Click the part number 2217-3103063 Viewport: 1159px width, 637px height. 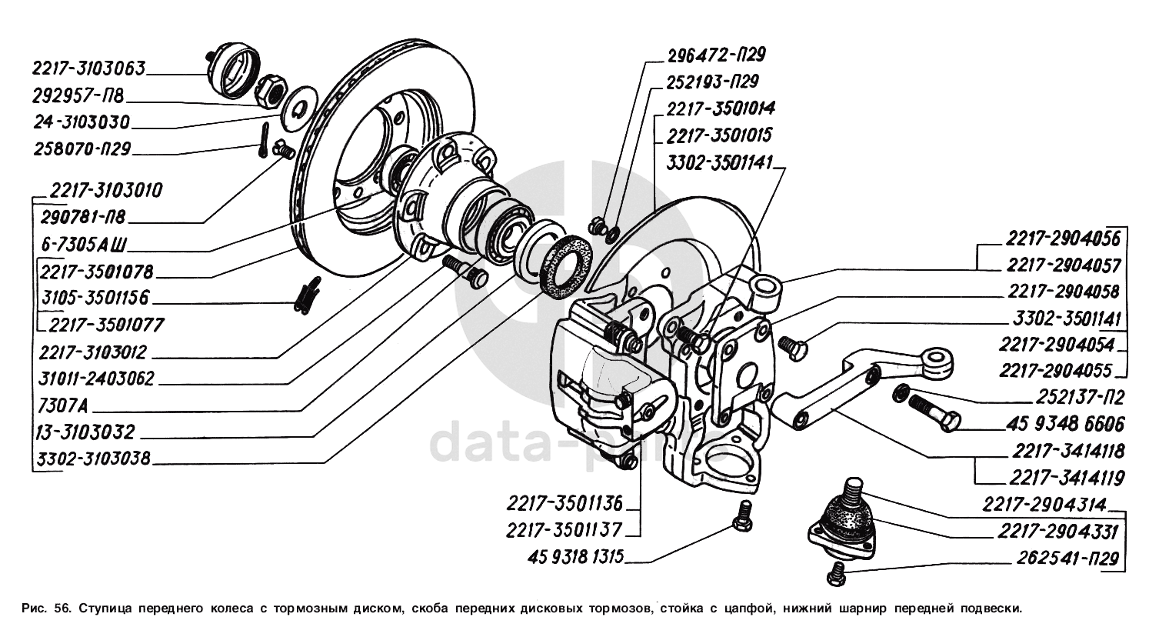click(x=88, y=68)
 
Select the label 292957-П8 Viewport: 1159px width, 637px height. click(x=78, y=96)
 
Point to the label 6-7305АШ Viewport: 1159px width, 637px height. click(x=84, y=245)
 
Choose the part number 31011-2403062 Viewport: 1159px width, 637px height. click(x=96, y=379)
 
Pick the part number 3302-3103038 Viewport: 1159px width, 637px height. click(x=93, y=459)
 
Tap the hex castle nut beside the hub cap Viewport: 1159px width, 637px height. click(x=270, y=91)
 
